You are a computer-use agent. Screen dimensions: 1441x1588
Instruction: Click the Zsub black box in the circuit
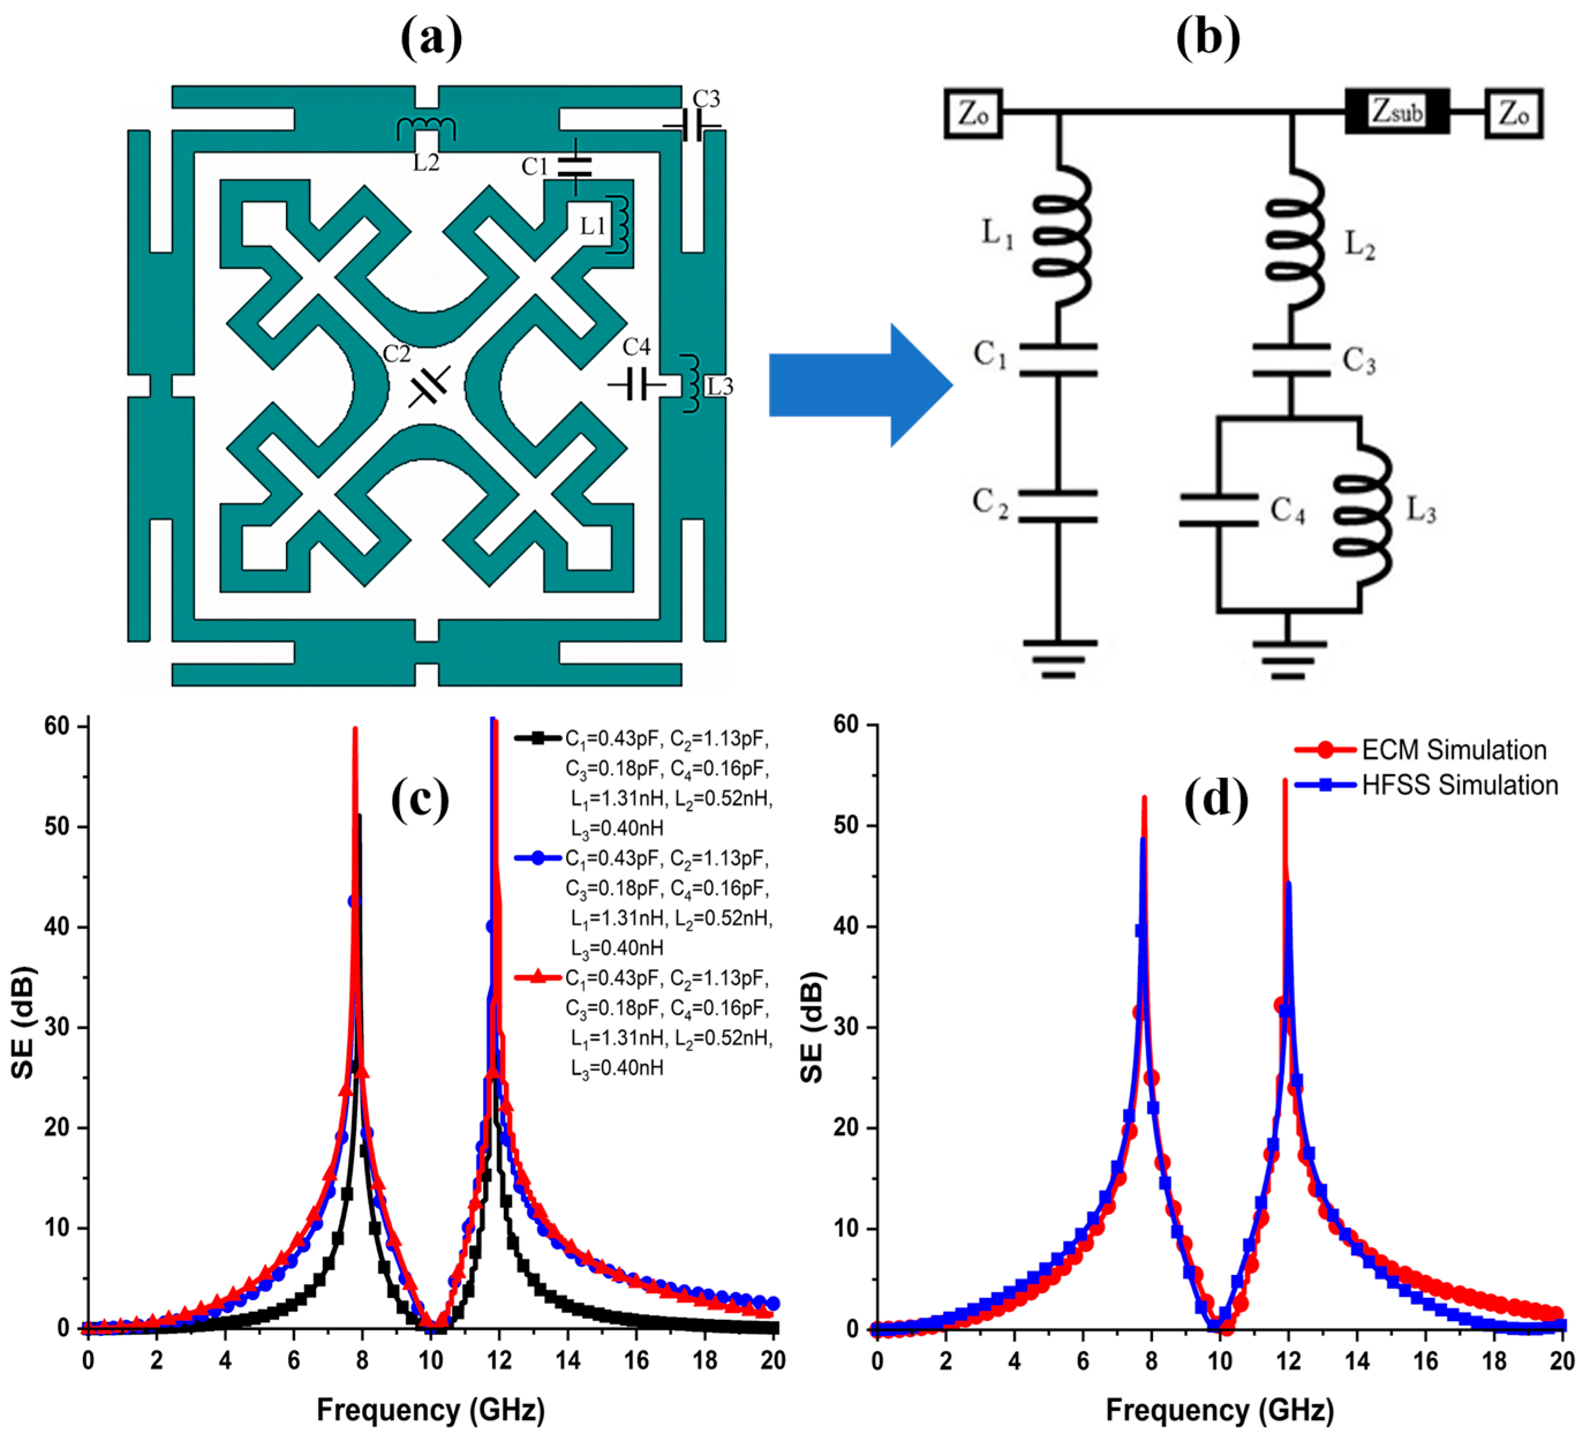tap(1396, 112)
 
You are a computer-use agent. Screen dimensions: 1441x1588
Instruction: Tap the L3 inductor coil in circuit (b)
tap(1362, 516)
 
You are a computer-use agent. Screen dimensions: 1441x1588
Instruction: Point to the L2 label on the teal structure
tap(426, 162)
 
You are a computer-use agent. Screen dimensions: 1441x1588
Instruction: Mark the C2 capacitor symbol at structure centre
tap(428, 385)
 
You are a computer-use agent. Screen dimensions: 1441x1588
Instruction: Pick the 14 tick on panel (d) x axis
tap(1357, 1361)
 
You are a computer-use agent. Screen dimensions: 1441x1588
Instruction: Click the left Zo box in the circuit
tap(973, 114)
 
